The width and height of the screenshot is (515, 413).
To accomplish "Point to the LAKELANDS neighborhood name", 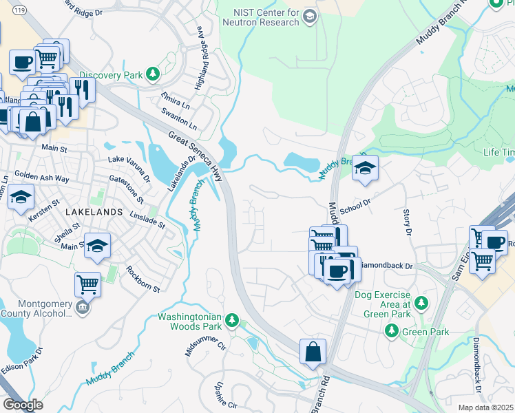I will (94, 213).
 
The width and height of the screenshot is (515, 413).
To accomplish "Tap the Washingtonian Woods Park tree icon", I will (233, 320).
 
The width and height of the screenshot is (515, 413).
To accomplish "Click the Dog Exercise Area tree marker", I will (421, 302).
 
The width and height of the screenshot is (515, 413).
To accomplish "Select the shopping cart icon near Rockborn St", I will (87, 283).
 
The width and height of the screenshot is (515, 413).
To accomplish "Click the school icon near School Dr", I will (365, 169).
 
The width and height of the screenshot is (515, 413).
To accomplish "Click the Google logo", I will (23, 405).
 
